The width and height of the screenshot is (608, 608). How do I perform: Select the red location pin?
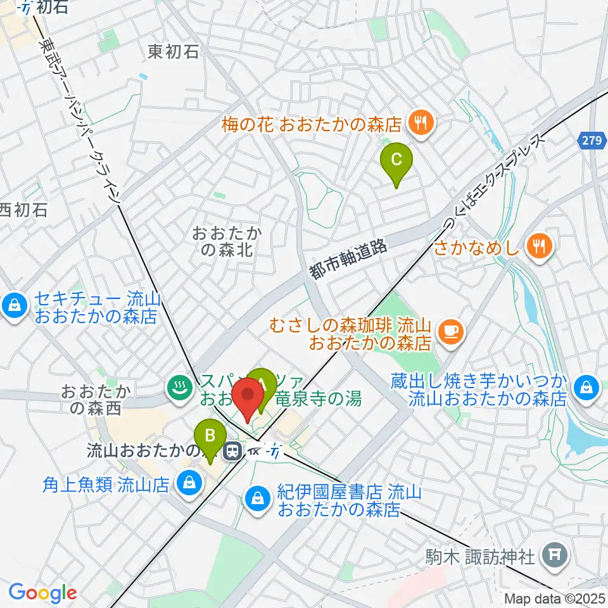pos(248,397)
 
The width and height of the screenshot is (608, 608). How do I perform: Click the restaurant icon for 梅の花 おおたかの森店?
pos(419,122)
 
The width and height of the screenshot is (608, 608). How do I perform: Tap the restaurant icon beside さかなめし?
pos(540,246)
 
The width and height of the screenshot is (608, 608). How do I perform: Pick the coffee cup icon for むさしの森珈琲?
pos(451,329)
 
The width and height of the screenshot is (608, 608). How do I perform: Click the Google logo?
pos(42,592)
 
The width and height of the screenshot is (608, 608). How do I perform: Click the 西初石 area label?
pos(24,210)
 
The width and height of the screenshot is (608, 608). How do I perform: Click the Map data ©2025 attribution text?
pos(555,598)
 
